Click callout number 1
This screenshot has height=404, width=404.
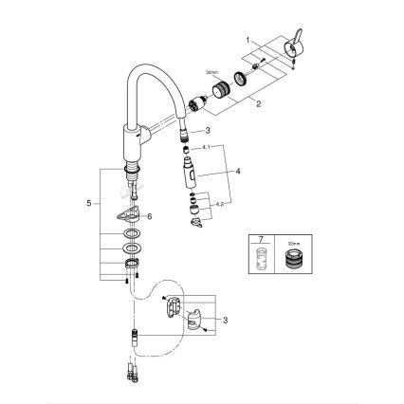click(x=249, y=40)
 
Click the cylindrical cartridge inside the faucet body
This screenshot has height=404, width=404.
click(x=202, y=101)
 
